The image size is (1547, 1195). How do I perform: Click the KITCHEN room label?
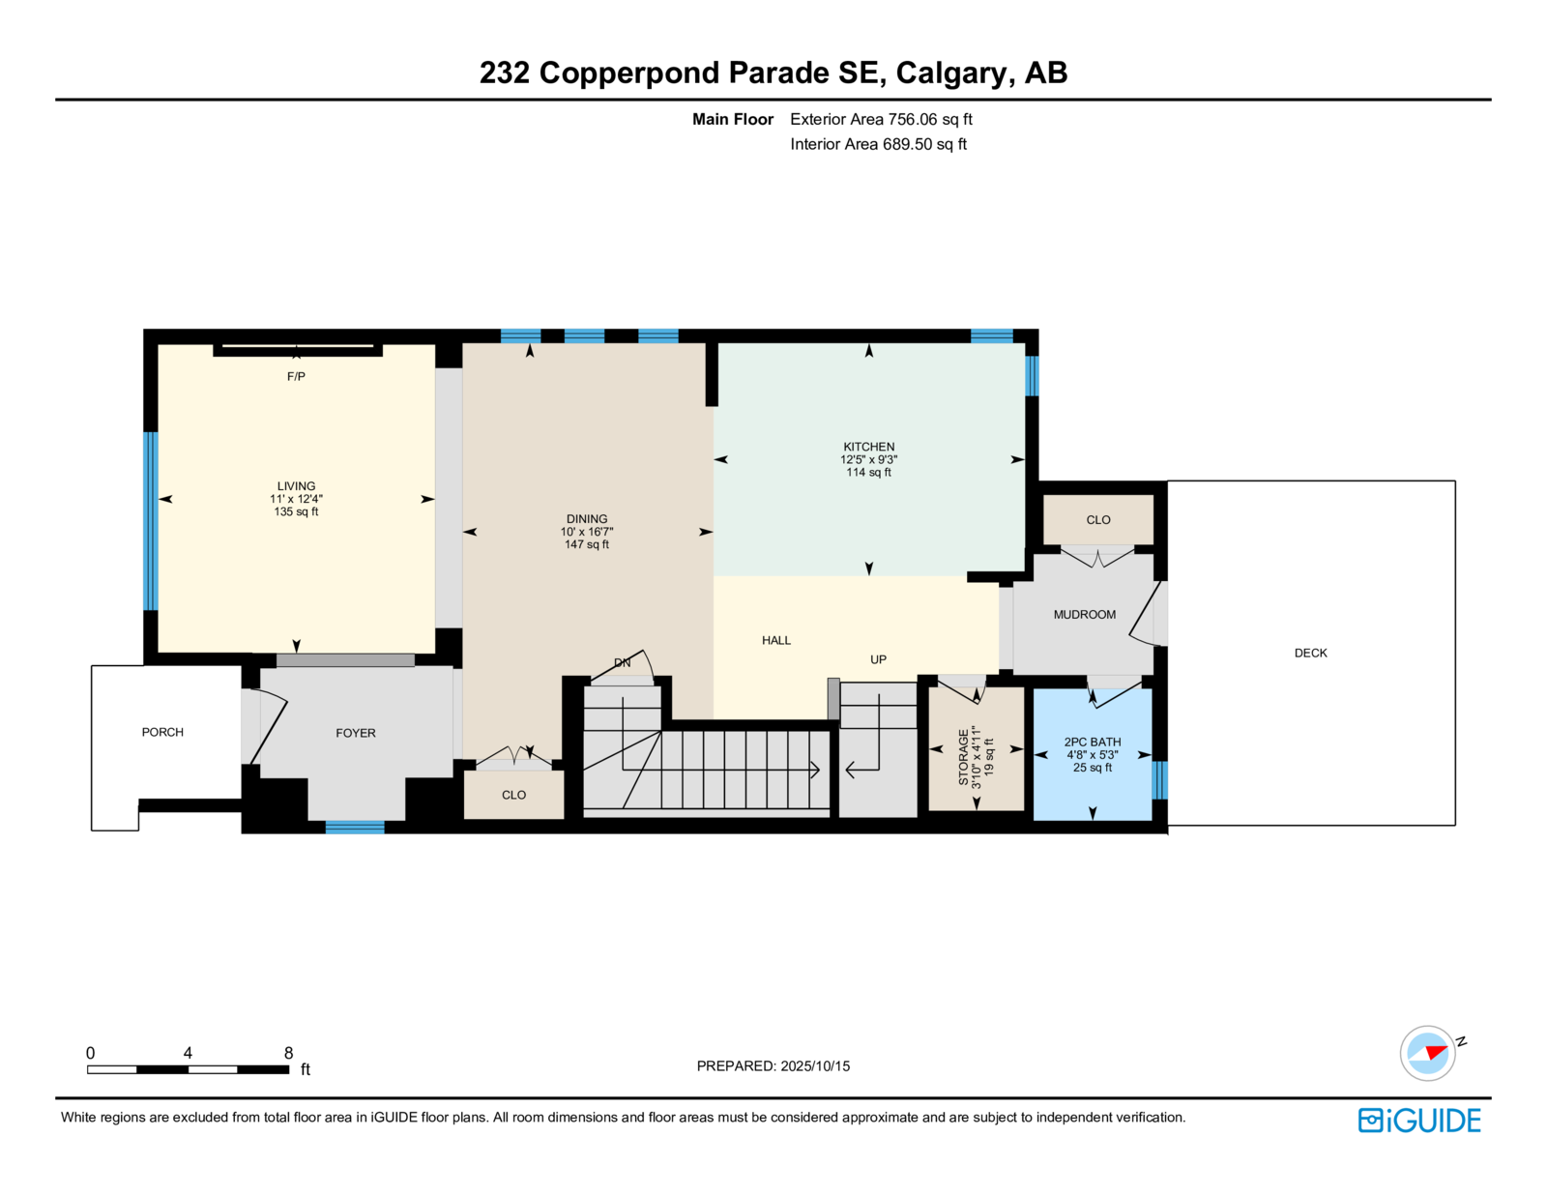(868, 447)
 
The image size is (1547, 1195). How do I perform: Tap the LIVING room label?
(296, 486)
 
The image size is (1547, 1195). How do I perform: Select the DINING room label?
(587, 519)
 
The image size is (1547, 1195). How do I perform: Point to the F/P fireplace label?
(296, 376)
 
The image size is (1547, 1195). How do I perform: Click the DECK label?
(1310, 653)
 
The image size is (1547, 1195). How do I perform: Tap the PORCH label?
(162, 732)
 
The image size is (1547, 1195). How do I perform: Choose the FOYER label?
(355, 733)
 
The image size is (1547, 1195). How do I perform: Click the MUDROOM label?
(1084, 614)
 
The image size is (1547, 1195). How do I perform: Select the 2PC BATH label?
(1092, 742)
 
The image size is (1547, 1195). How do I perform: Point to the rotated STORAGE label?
(963, 757)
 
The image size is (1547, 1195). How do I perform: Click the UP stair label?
(878, 659)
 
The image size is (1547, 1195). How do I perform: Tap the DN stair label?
(623, 662)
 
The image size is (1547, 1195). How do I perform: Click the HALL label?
(776, 641)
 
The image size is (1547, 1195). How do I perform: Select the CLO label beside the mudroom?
(1097, 519)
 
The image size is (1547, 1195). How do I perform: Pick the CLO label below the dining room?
(513, 795)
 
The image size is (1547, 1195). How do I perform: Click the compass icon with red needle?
(1427, 1053)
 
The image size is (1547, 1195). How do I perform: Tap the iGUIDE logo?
(1418, 1121)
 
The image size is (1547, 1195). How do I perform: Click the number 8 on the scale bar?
(288, 1053)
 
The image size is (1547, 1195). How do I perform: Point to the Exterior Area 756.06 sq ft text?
(881, 120)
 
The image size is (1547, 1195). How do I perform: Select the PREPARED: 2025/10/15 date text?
(773, 1065)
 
